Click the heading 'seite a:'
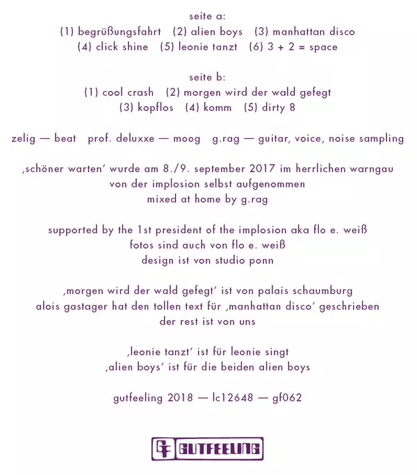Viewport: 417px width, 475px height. [x=207, y=15]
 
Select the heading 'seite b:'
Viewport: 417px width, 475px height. [x=207, y=77]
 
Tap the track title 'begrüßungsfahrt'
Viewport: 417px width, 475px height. [x=120, y=31]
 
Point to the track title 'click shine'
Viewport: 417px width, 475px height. [x=122, y=47]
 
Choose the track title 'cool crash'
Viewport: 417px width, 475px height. [x=128, y=92]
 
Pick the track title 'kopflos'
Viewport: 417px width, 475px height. [x=154, y=108]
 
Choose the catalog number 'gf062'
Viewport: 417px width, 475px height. [x=287, y=398]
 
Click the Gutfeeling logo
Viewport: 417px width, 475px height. [x=207, y=449]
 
